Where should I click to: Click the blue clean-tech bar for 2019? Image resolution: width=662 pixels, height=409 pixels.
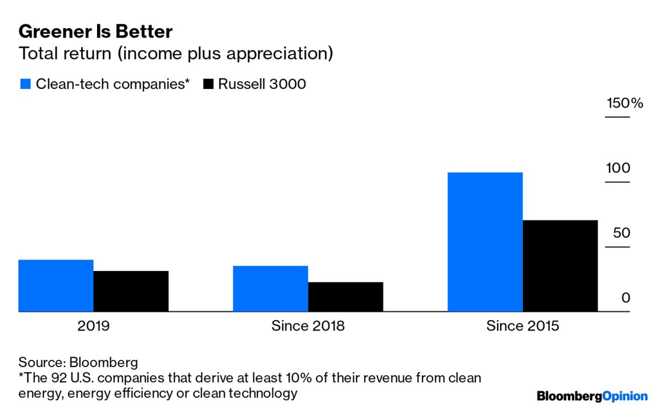[56, 286]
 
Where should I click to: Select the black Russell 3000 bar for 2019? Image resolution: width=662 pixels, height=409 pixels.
[131, 291]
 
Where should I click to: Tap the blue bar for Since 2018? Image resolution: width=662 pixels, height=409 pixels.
[270, 289]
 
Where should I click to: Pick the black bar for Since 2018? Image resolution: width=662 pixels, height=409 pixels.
[345, 297]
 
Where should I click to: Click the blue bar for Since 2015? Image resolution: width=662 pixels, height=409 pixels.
[485, 242]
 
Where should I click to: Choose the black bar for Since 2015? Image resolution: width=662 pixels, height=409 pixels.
[560, 266]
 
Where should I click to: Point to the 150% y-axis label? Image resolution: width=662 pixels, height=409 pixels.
[624, 103]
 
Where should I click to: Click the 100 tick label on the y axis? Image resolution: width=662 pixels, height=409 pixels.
[618, 168]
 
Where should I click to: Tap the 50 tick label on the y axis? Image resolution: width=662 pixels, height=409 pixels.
[621, 233]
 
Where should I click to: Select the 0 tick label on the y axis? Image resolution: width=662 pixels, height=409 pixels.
[626, 298]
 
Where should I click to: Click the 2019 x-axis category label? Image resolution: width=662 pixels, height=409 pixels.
[93, 326]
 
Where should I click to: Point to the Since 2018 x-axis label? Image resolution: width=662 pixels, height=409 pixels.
[308, 326]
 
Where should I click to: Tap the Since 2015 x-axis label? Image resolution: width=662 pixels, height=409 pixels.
[522, 326]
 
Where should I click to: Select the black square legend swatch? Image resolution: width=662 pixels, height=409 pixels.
[208, 84]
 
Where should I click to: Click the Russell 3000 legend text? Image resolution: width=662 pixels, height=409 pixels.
[261, 84]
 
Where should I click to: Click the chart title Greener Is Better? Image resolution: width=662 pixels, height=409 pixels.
[95, 31]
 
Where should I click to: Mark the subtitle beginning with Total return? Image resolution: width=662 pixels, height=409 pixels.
[175, 54]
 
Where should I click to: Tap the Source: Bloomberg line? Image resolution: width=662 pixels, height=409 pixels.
[78, 363]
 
